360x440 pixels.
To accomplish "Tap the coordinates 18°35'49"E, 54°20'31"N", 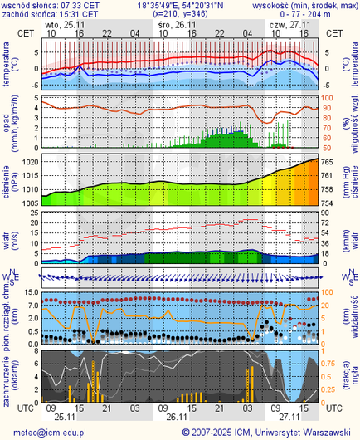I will pyautogui.click(x=180, y=5).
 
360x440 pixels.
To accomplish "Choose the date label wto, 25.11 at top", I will pyautogui.click(x=64, y=25).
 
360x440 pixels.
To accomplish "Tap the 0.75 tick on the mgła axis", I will pyautogui.click(x=329, y=364).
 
